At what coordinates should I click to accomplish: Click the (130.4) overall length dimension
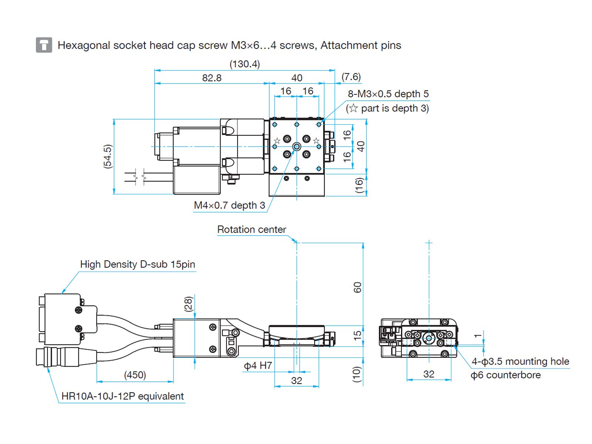[x=245, y=64]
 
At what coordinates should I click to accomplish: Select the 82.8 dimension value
[x=212, y=78]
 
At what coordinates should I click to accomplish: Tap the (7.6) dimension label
[x=351, y=77]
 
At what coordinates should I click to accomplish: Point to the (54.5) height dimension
[x=107, y=156]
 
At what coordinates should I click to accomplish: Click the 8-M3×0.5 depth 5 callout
[x=388, y=94]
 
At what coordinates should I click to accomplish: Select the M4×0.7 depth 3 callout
[x=229, y=205]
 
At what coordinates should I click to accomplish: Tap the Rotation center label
[x=252, y=229]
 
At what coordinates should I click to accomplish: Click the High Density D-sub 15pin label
[x=137, y=264]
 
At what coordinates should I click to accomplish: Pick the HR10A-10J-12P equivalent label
[x=122, y=396]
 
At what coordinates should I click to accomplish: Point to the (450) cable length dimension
[x=135, y=375]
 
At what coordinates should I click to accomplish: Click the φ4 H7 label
[x=258, y=366]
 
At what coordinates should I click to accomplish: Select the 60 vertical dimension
[x=357, y=287]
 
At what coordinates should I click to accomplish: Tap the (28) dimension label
[x=188, y=304]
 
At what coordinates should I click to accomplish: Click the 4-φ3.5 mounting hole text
[x=520, y=361]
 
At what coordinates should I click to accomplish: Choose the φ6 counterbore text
[x=505, y=375]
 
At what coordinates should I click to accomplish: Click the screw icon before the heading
[x=44, y=45]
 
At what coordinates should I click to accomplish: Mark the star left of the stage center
[x=277, y=141]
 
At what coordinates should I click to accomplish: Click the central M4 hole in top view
[x=297, y=147]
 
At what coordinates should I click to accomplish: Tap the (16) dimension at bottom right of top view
[x=359, y=185]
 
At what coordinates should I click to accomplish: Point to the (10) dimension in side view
[x=356, y=374]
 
